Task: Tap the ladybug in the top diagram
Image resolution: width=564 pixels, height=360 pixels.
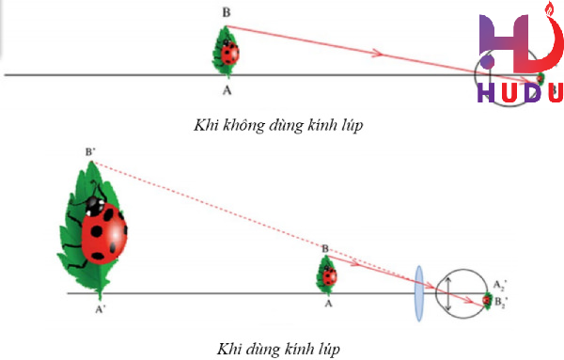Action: click(228, 53)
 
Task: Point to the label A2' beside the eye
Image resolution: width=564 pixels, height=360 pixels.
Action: click(500, 284)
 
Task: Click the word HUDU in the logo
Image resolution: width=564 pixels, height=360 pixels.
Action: click(519, 92)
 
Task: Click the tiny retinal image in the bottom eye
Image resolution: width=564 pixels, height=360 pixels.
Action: click(487, 300)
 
